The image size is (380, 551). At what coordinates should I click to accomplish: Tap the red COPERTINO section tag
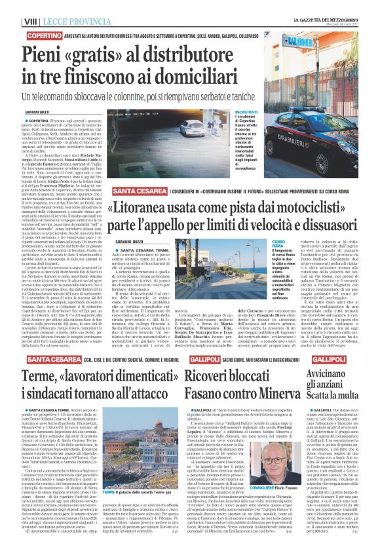45,34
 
